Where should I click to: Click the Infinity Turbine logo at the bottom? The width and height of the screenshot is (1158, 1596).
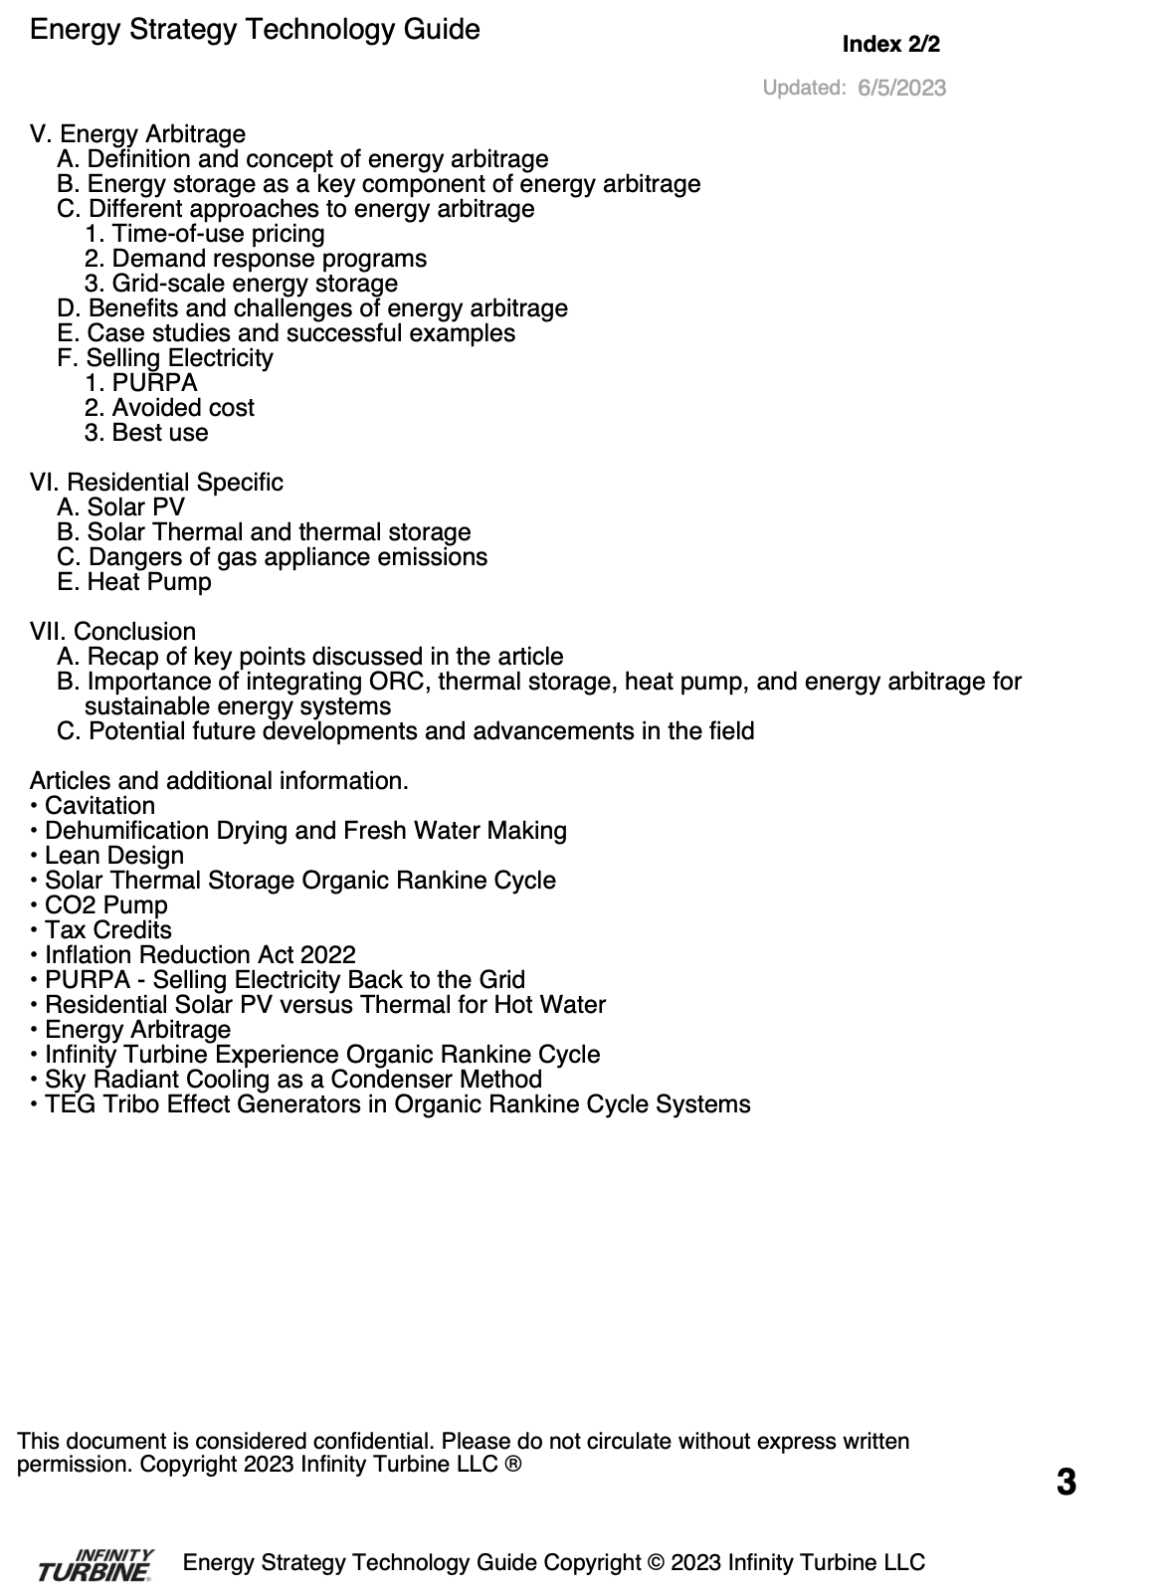pos(96,1565)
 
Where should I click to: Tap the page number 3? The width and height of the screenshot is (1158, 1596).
pos(1065,1483)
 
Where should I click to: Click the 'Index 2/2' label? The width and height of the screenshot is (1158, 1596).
pos(890,45)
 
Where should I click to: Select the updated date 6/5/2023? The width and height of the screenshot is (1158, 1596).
pos(901,88)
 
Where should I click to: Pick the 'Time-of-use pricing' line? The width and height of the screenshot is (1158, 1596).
pos(205,234)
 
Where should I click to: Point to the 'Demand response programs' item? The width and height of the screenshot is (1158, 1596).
pos(256,259)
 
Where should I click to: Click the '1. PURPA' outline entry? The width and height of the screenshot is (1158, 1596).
pos(141,383)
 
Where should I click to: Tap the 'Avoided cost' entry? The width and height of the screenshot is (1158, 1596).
pos(169,408)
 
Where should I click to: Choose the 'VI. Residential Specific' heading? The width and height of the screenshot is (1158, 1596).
pos(156,483)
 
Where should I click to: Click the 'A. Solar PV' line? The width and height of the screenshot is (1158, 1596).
pos(121,507)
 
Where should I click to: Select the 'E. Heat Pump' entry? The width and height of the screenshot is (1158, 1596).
pos(134,582)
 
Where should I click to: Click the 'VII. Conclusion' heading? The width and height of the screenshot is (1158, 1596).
pos(112,632)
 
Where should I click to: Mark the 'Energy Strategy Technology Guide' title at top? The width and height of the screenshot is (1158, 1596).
pos(255,30)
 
